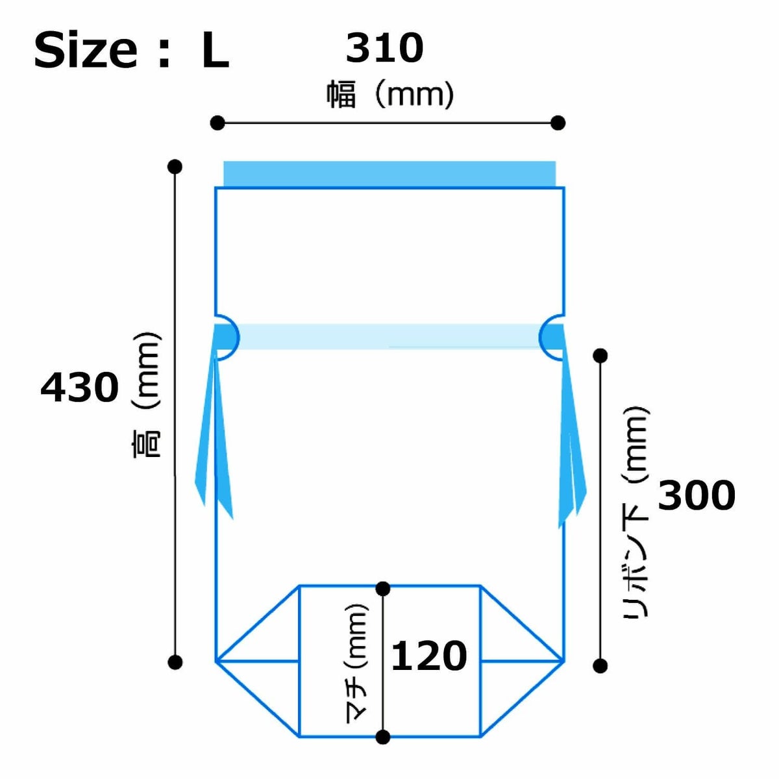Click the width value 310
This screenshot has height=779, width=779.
[384, 49]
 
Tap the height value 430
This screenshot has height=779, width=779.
[80, 388]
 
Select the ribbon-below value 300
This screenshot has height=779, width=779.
[697, 495]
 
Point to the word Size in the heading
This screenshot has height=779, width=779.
[86, 51]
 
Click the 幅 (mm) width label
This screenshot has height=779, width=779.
[390, 94]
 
